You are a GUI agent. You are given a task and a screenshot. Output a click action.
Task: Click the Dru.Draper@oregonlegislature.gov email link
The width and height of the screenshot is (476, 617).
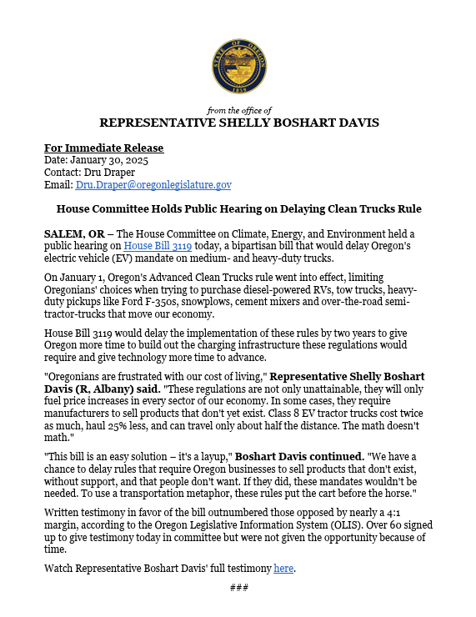coord(153,185)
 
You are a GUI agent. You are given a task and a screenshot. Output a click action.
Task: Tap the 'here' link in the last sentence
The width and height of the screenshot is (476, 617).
coord(283,569)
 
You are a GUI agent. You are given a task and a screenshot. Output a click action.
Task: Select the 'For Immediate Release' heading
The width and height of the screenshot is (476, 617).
coord(103,148)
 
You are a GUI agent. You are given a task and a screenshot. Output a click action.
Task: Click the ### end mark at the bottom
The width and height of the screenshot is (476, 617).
coord(238,588)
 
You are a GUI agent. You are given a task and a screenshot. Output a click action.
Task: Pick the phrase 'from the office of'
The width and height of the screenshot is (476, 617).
coord(238,110)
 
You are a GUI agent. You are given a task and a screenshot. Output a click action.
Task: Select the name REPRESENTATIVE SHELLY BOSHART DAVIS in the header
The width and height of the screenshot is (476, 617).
coord(238,123)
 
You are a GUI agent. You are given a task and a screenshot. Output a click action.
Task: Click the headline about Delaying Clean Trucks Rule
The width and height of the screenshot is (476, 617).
coord(238,208)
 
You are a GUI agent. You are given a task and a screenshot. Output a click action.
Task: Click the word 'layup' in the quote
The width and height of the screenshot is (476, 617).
coord(216,456)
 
